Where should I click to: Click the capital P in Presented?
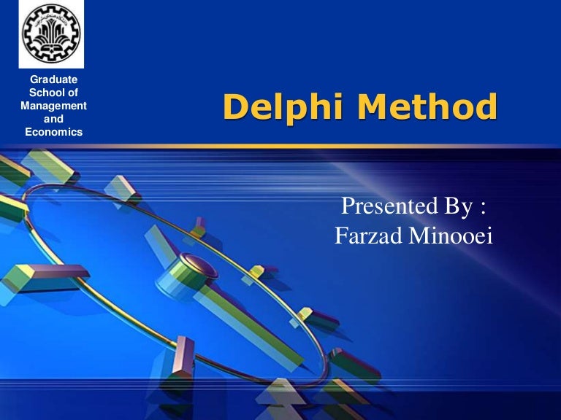point(349,207)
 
